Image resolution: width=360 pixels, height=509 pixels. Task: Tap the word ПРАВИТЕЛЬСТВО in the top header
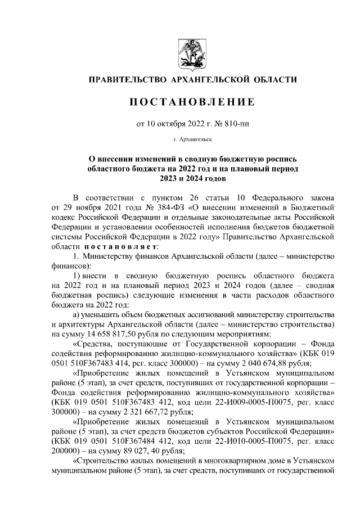127,79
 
